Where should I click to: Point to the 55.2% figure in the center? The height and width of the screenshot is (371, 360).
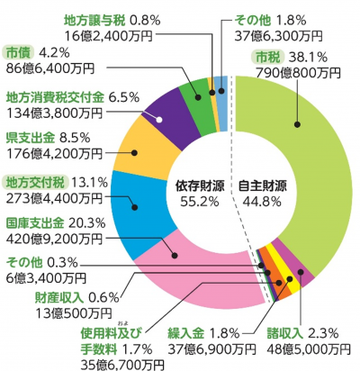(201, 201)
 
